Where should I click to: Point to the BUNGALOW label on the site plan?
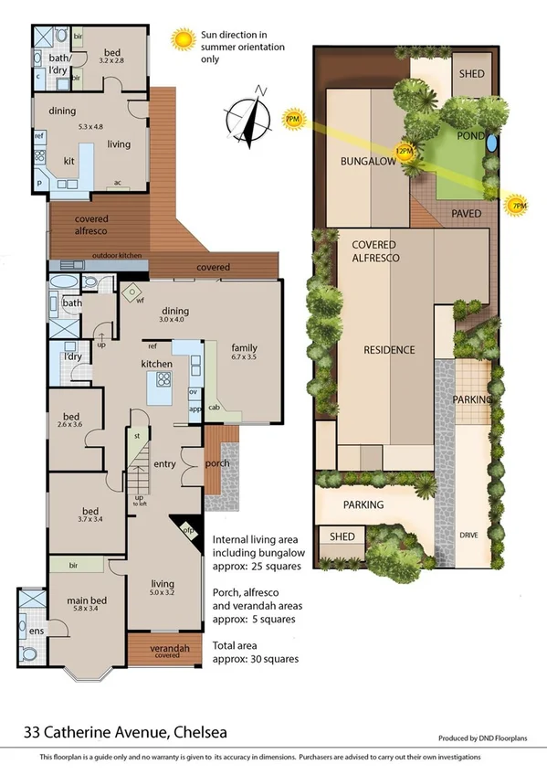(x=367, y=161)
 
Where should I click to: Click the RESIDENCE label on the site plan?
(x=389, y=350)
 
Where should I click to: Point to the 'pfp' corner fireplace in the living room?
(x=187, y=527)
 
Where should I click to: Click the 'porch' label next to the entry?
(x=216, y=462)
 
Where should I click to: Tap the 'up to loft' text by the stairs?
(x=139, y=502)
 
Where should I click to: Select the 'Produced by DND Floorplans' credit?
(x=483, y=738)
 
